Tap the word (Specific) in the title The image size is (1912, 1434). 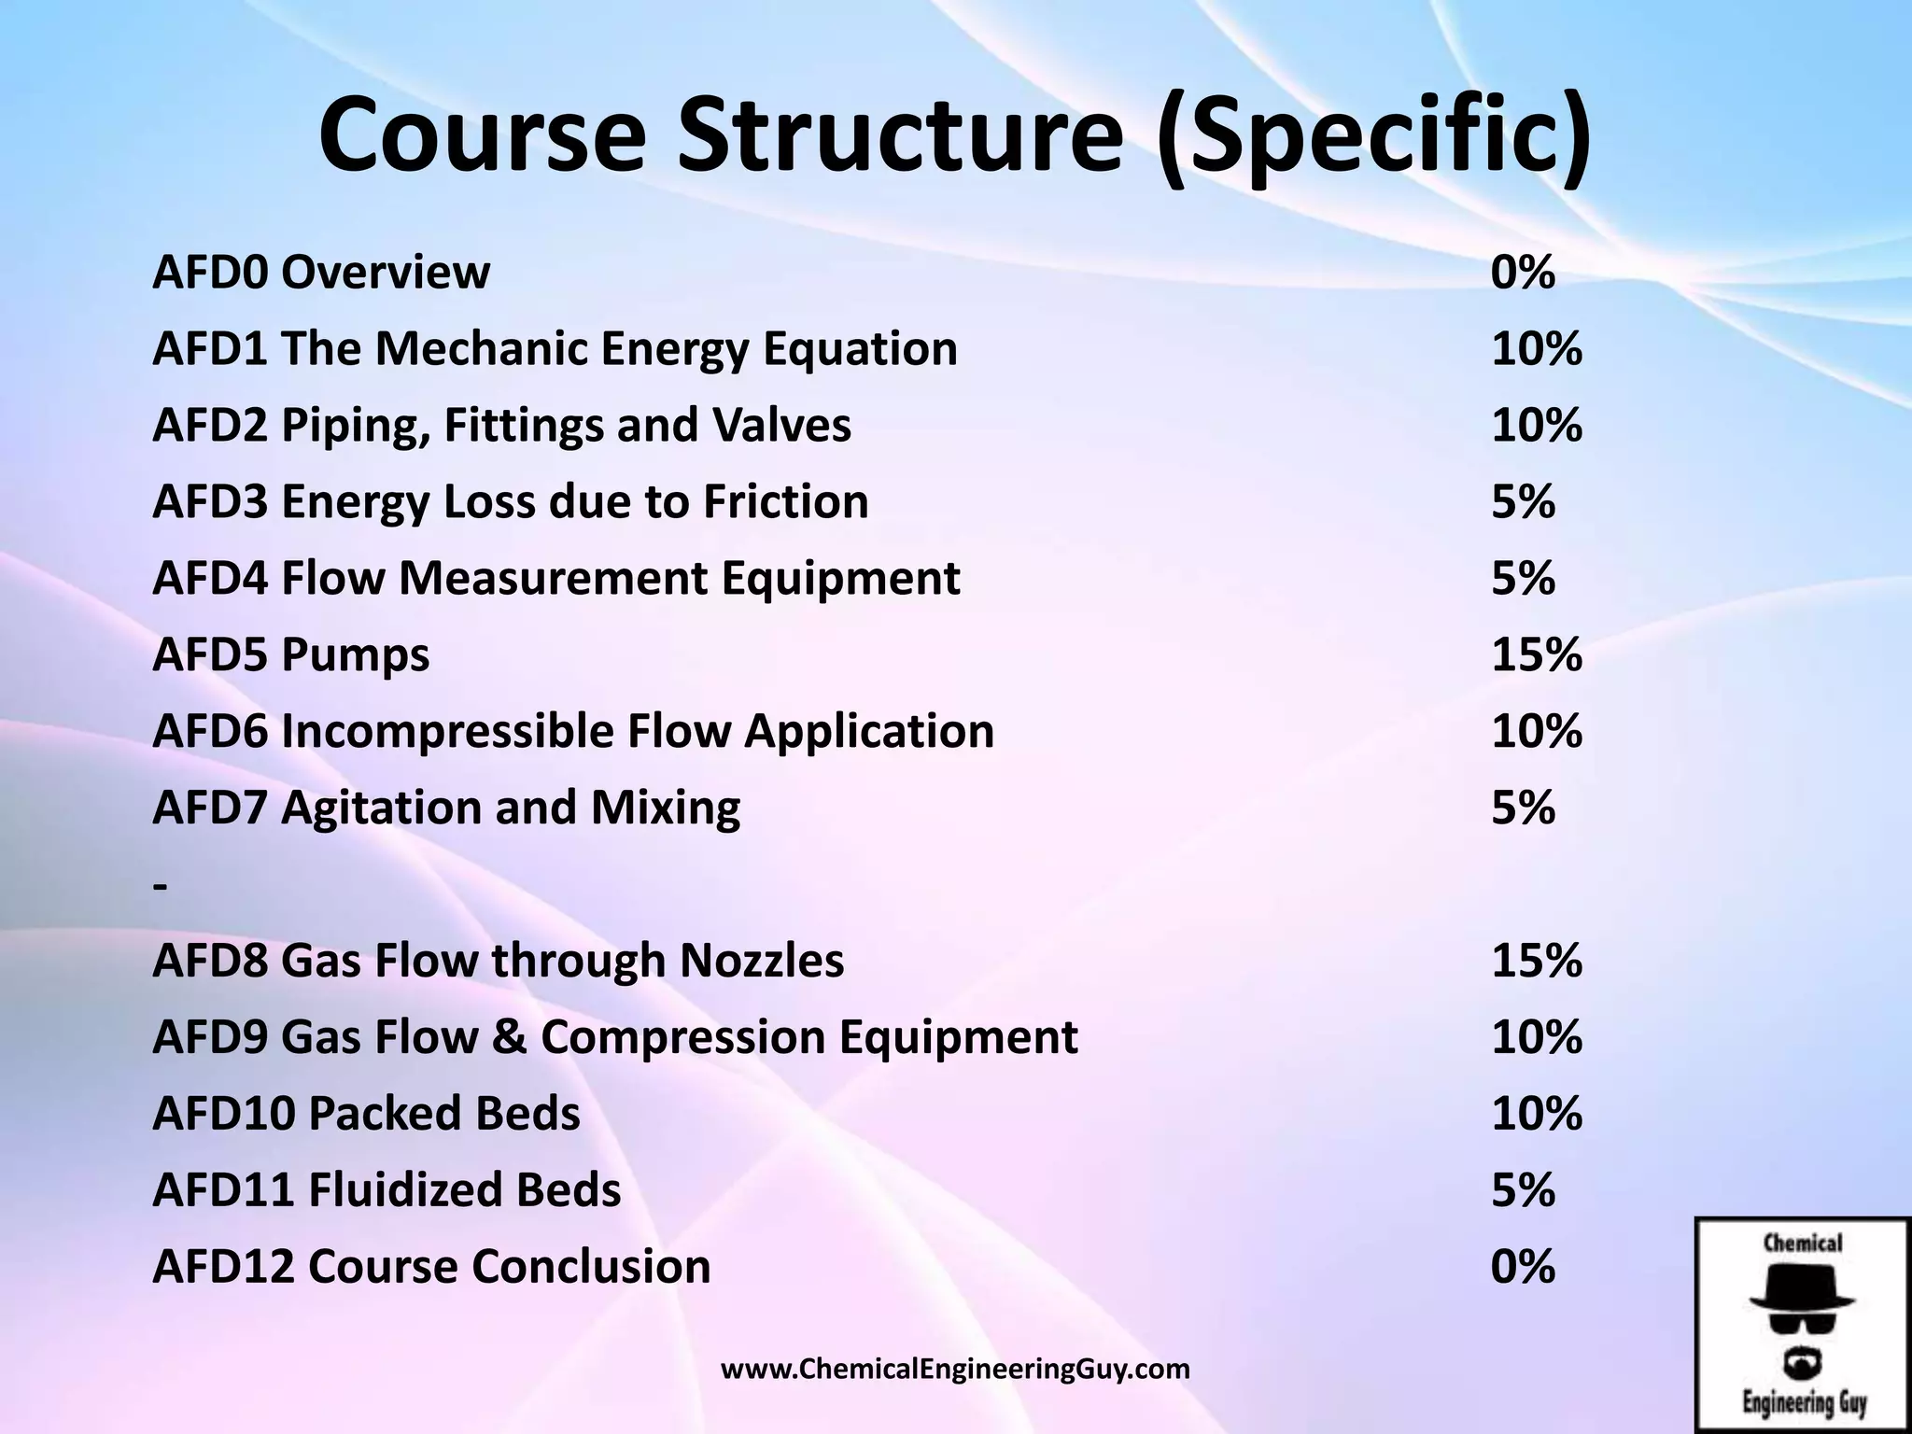[1373, 136]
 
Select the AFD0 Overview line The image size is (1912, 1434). [320, 273]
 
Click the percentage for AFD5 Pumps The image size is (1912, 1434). [1536, 654]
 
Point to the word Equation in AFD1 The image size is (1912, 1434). [860, 349]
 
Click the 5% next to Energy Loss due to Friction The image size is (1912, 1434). [1523, 501]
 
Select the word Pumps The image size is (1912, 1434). [355, 654]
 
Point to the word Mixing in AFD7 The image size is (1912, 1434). [665, 808]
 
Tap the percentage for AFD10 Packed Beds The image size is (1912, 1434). [1536, 1114]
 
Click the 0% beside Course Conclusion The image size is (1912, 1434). [1523, 1267]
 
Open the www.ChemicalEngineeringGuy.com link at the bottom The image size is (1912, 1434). [955, 1370]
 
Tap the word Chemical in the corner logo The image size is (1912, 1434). [1802, 1243]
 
